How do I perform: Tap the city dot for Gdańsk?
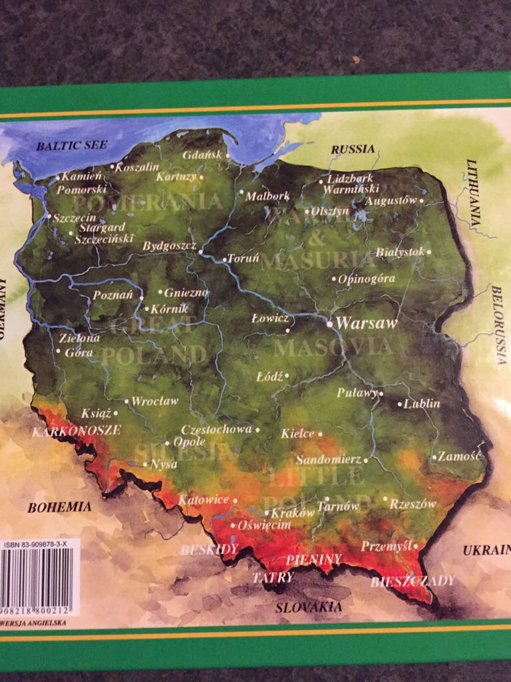(x=228, y=156)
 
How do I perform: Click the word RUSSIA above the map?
(x=353, y=149)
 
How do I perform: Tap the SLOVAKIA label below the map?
(x=309, y=607)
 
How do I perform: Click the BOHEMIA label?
(x=59, y=508)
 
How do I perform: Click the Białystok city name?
(x=400, y=252)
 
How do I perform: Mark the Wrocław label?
(x=155, y=401)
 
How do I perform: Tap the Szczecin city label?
(x=75, y=218)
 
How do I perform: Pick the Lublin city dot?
(x=399, y=404)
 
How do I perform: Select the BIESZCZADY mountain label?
(x=413, y=581)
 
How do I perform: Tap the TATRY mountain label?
(x=272, y=577)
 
